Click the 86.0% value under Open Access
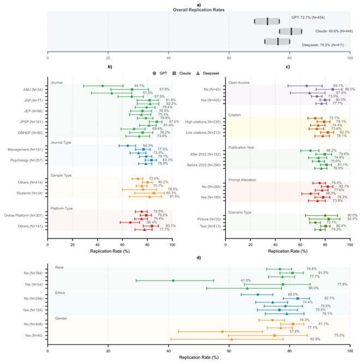click(350, 89)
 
